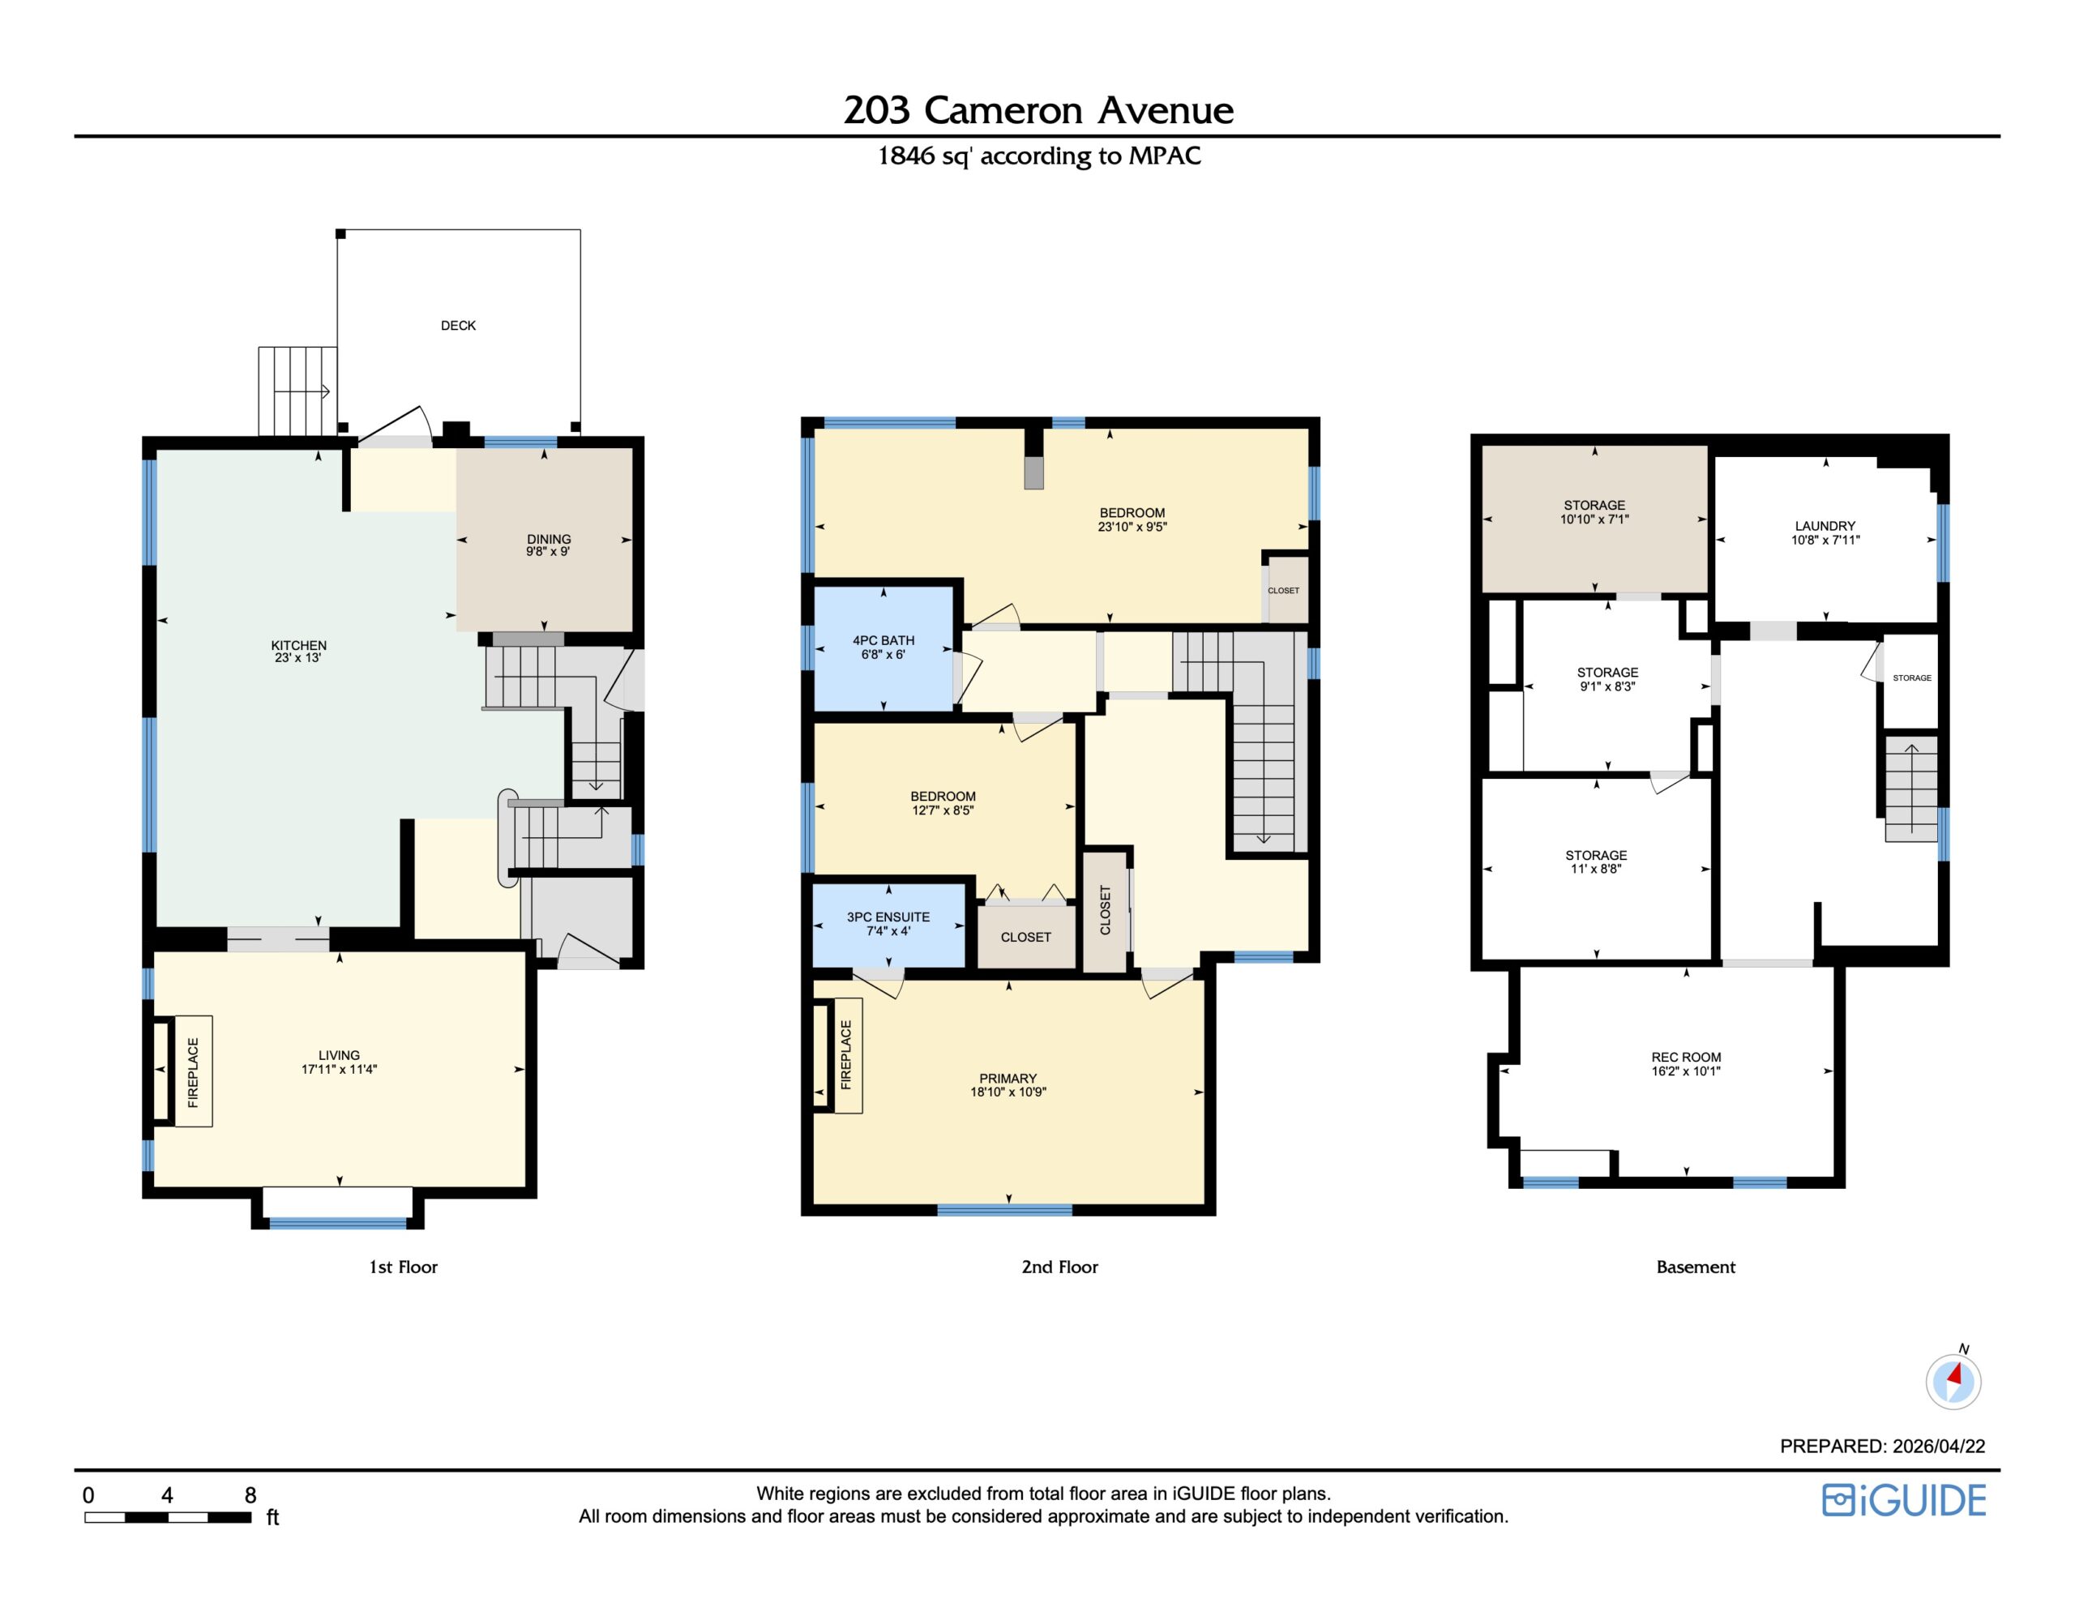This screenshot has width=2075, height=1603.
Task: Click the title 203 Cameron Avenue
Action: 1037,110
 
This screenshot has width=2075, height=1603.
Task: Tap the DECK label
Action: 458,325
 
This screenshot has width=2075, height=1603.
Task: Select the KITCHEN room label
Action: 298,645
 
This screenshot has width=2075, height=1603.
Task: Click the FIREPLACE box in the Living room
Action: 193,1072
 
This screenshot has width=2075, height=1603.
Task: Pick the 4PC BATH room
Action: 883,648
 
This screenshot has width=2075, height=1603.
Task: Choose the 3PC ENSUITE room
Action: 888,925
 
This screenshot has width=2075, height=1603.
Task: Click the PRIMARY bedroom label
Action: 1008,1079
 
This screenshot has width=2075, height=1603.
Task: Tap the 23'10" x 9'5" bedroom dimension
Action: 1132,527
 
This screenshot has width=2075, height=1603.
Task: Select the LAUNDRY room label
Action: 1825,525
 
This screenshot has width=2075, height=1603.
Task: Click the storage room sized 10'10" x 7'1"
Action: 1595,518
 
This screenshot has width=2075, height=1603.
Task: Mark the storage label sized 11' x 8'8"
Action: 1596,855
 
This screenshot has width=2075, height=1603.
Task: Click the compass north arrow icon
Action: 1953,1379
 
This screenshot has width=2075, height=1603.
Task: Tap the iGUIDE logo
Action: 1904,1500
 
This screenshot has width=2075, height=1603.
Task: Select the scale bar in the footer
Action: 168,1517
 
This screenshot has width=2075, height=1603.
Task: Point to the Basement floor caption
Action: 1695,1267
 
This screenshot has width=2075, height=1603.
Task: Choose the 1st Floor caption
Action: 403,1267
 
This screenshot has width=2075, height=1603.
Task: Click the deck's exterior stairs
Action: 297,391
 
